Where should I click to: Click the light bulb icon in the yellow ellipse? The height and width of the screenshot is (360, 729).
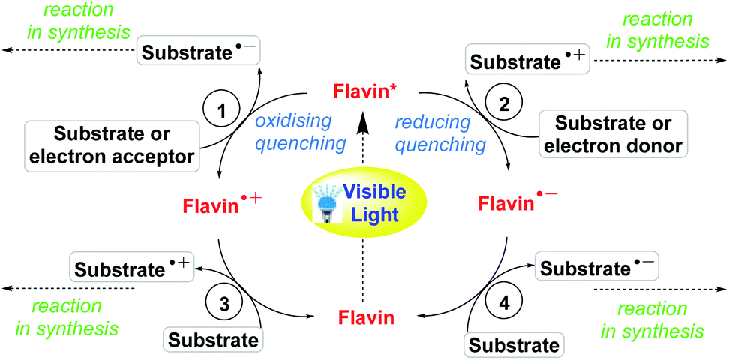[326, 202]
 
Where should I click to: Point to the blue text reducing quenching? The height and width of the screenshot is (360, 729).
[431, 131]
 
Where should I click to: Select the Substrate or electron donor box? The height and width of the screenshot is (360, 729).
[613, 136]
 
